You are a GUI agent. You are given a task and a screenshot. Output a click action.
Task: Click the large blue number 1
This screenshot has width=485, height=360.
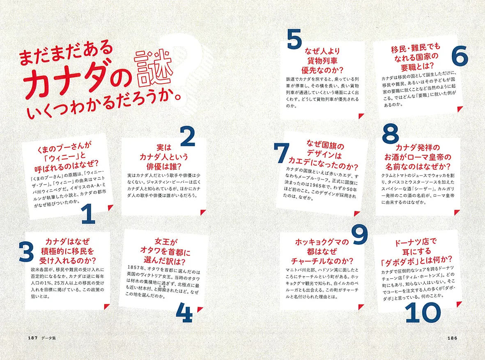coord(88,213)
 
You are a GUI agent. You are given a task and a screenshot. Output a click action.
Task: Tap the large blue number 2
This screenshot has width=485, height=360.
coord(188,136)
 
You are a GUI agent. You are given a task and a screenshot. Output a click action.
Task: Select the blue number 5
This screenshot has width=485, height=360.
coord(294,39)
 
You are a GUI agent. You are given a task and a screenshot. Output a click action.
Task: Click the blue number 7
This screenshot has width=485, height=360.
coord(281,152)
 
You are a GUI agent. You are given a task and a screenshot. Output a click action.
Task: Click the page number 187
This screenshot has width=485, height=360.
coord(32,338)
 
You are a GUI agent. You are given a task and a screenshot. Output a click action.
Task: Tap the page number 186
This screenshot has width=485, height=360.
coord(452,338)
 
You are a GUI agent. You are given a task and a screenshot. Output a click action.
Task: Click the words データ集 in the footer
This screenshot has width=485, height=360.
coord(48,338)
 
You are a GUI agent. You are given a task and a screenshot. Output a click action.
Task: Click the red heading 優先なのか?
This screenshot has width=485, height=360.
coord(322,70)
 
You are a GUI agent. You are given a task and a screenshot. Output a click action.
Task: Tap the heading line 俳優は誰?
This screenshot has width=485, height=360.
coord(163,166)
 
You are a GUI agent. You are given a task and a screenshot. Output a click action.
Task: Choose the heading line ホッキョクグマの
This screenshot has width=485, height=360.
coord(322,242)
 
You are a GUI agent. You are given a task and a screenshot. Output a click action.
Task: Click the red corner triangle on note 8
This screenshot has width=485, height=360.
coord(457,212)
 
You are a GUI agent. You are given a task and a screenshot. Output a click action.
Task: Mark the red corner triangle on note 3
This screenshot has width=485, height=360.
coord(107,307)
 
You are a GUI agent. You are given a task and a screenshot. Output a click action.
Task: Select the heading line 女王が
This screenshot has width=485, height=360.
coord(166,241)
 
